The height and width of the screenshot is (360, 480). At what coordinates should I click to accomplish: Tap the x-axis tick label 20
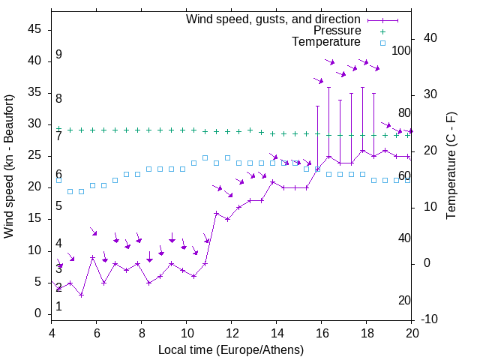coord(412,334)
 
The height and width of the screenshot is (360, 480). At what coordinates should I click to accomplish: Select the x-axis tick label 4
coord(52,334)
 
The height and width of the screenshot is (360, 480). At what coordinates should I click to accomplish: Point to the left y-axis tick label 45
coord(34,29)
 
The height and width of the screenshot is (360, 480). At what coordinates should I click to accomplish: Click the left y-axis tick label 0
coord(38,314)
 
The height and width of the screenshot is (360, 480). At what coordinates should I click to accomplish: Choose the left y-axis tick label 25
coord(34,156)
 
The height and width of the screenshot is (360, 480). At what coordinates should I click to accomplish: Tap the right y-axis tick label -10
coord(432,319)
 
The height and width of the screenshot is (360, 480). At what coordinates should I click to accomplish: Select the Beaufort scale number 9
coord(58,55)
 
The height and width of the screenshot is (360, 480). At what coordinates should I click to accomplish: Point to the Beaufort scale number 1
coord(58,307)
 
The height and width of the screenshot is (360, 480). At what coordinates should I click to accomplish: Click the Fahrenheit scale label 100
coord(401,51)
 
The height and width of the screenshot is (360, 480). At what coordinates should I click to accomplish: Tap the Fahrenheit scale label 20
coord(404,301)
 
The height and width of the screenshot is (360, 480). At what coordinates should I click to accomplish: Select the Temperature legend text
coord(326,42)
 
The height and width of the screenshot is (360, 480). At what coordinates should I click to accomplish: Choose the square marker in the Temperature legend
coord(382,43)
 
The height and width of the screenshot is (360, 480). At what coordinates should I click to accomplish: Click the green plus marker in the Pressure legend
coord(382,31)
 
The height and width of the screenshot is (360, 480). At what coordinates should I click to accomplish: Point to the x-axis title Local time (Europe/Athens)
coord(231,350)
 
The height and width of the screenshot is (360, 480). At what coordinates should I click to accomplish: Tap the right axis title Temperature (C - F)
coord(451,166)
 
